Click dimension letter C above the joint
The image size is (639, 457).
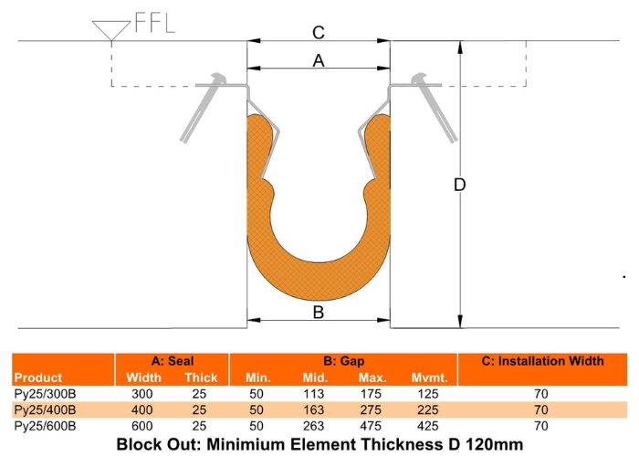click(x=318, y=34)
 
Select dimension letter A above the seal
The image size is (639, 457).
click(x=318, y=60)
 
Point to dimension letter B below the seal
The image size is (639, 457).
click(x=318, y=313)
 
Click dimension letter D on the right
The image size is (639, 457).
click(x=460, y=185)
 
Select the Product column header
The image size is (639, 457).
click(x=38, y=377)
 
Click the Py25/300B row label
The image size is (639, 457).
click(x=45, y=393)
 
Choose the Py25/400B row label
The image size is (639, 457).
click(x=45, y=409)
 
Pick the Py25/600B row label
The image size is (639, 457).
click(x=45, y=426)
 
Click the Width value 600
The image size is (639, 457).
click(x=143, y=426)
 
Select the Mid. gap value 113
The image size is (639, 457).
click(x=315, y=393)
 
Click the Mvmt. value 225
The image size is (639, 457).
click(x=425, y=409)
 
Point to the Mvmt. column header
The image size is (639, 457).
click(x=425, y=377)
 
